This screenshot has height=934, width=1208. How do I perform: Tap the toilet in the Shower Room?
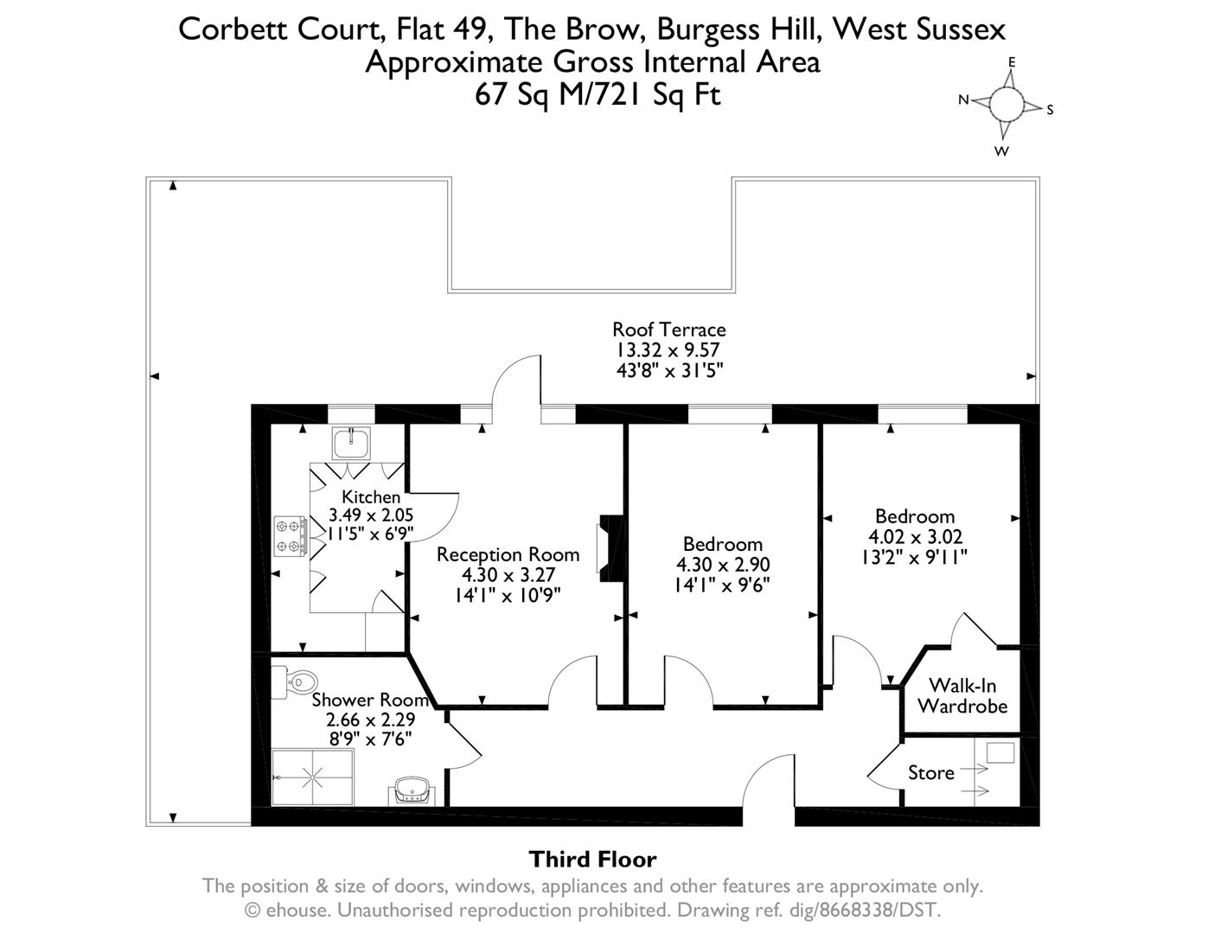pos(285,681)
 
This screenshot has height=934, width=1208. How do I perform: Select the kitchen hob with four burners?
pos(291,535)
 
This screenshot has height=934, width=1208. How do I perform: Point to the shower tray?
pos(313,777)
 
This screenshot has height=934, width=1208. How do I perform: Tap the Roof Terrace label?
pos(668,329)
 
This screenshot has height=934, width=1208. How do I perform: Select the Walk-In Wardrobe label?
pos(962,696)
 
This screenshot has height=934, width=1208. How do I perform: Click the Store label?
pos(930,772)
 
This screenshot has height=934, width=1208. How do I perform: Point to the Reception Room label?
pos(508,554)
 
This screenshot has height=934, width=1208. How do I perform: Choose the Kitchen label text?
pos(371,496)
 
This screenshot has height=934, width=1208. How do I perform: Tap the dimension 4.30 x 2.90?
pos(722,565)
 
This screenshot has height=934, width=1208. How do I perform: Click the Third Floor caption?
pos(592,859)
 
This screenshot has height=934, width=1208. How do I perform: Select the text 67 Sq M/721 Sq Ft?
pos(598,94)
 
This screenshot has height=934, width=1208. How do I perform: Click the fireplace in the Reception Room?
pos(609,547)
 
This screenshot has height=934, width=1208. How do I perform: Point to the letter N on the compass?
pos(963,99)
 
